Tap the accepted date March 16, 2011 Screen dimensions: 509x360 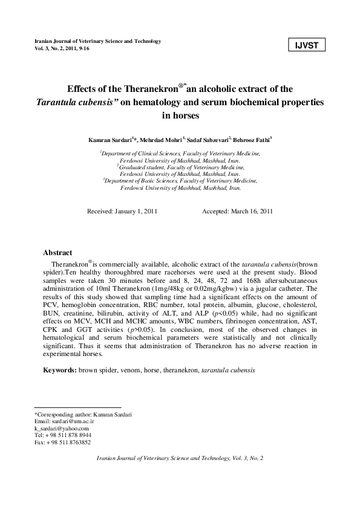click(251, 212)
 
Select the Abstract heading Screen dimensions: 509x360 click(57, 253)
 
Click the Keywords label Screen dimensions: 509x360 click(59, 369)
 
